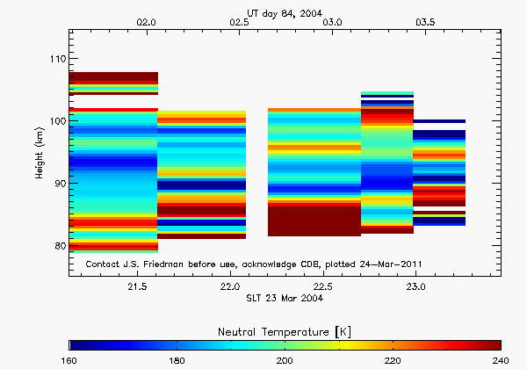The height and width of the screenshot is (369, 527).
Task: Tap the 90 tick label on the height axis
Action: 58,184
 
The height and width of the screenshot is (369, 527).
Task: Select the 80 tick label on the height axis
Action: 58,246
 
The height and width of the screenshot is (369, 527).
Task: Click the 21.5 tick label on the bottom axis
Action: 137,286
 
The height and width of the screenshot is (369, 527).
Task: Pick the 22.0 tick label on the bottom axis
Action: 230,286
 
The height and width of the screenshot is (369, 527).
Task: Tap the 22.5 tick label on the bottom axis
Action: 323,286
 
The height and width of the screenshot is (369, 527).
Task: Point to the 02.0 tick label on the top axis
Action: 146,20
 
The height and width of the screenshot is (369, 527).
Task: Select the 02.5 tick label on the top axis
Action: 240,20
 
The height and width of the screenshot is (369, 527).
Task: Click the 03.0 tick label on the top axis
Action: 333,20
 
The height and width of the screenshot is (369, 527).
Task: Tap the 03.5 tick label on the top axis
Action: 427,20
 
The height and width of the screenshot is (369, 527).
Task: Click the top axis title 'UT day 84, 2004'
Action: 285,9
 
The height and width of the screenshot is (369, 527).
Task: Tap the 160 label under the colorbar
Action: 70,360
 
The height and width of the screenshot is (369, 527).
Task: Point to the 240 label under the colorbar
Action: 500,360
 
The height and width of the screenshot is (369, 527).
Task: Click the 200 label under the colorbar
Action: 285,360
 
